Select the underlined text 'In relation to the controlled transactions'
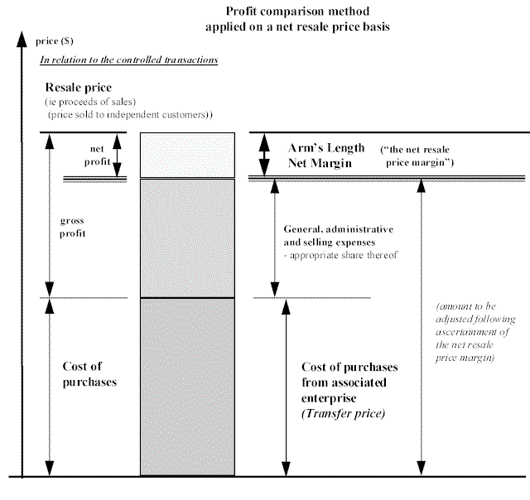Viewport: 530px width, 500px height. coord(128,60)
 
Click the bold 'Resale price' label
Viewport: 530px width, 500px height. coord(79,87)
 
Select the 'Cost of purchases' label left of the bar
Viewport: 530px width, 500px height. coord(89,374)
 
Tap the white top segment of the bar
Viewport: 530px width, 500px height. coord(187,155)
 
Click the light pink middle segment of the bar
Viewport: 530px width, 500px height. coord(187,238)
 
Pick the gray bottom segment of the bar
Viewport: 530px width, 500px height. coord(187,386)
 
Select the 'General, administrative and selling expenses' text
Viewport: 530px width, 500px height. coord(338,235)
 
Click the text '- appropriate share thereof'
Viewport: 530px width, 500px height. coord(339,255)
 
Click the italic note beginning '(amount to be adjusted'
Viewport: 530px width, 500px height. coord(476,331)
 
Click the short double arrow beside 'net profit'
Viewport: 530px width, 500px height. coord(118,155)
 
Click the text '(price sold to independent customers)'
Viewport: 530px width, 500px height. coord(130,113)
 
